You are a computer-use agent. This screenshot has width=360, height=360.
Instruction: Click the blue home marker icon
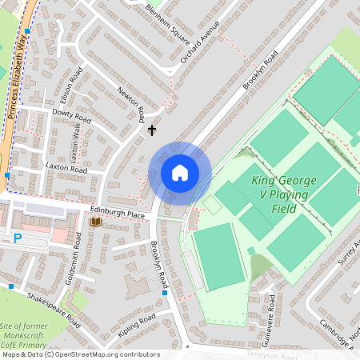[x=179, y=172]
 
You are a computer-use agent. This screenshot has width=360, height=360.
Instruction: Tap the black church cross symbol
[x=151, y=128]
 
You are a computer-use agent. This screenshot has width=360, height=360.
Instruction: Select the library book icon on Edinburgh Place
[x=96, y=222]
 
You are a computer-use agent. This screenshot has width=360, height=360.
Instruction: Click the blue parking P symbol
[x=18, y=238]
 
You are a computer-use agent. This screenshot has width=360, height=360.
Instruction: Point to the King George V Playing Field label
[x=285, y=194]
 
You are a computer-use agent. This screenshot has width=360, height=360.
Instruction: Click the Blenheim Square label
[x=169, y=24]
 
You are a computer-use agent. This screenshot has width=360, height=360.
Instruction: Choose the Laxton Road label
[x=66, y=169]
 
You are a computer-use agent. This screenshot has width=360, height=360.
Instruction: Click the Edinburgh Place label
[x=117, y=214]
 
